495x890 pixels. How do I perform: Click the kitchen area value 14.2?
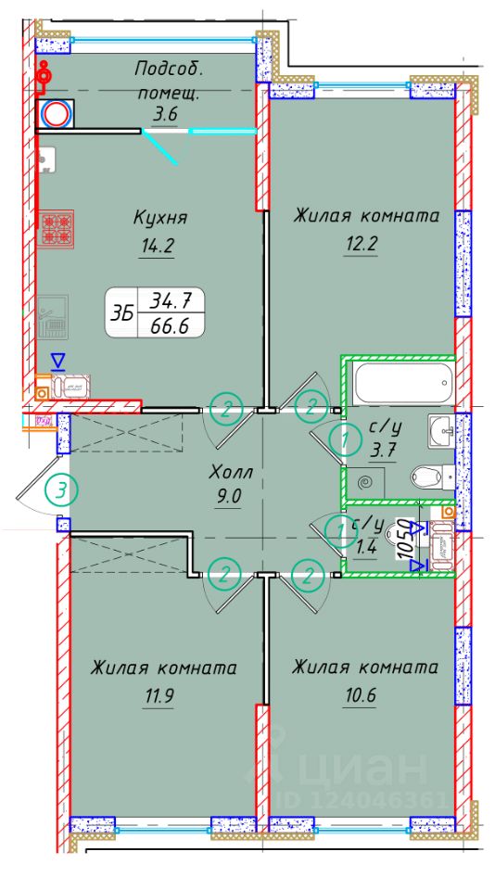click(x=159, y=247)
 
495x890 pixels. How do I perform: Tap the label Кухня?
click(x=160, y=219)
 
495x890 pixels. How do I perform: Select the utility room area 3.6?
click(x=165, y=114)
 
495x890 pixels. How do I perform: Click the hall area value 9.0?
click(x=228, y=495)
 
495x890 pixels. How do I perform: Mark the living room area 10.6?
click(x=362, y=695)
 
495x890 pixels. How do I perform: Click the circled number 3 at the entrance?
click(x=61, y=489)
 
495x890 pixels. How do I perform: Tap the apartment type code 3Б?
click(x=121, y=314)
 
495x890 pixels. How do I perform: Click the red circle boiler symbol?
click(x=57, y=114)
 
